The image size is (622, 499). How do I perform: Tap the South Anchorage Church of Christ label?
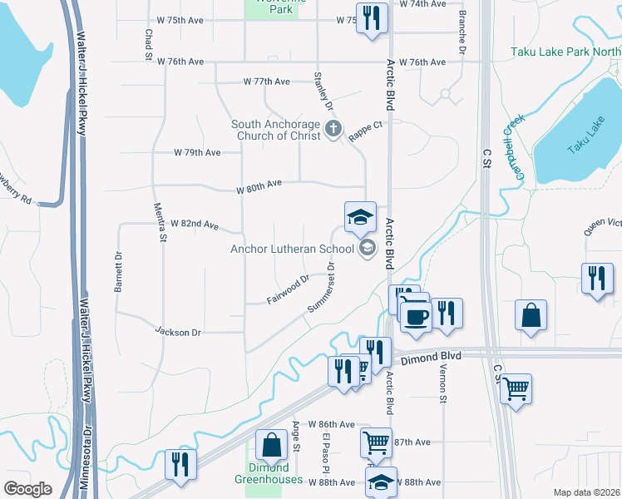point(275,131)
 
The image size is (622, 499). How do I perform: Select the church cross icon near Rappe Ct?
point(333,129)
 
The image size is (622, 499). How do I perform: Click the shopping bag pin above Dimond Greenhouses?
point(271,446)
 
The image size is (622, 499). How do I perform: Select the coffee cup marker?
point(415,316)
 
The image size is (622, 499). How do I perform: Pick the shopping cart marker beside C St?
point(516,388)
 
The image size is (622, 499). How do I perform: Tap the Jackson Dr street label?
point(179,332)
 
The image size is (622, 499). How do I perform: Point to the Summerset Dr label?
point(321,288)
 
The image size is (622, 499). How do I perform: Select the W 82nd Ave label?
point(194,225)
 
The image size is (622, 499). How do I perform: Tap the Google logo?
point(28,488)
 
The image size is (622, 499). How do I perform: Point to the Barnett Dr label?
point(119,271)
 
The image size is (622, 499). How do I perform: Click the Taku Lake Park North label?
point(565,52)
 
